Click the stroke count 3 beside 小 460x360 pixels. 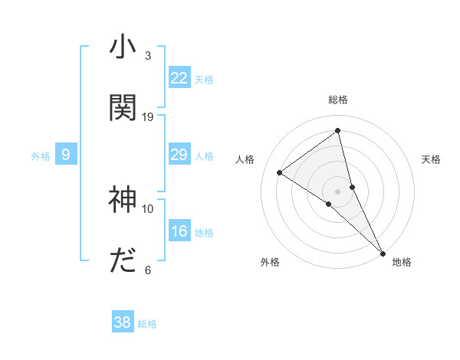(x=148, y=56)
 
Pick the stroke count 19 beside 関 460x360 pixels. (x=148, y=116)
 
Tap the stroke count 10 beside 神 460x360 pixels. (x=148, y=208)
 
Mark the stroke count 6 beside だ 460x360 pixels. (x=148, y=270)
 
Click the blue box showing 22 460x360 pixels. (x=179, y=78)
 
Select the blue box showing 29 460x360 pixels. (x=179, y=155)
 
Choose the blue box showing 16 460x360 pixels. (x=179, y=232)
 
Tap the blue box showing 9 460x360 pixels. (x=66, y=155)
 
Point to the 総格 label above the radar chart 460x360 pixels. (x=338, y=100)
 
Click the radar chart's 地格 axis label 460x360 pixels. (x=402, y=262)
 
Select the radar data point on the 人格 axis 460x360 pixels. (x=280, y=172)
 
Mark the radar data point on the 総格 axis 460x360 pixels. (x=338, y=130)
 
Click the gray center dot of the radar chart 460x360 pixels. (x=338, y=191)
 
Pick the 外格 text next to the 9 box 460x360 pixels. (x=41, y=156)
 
